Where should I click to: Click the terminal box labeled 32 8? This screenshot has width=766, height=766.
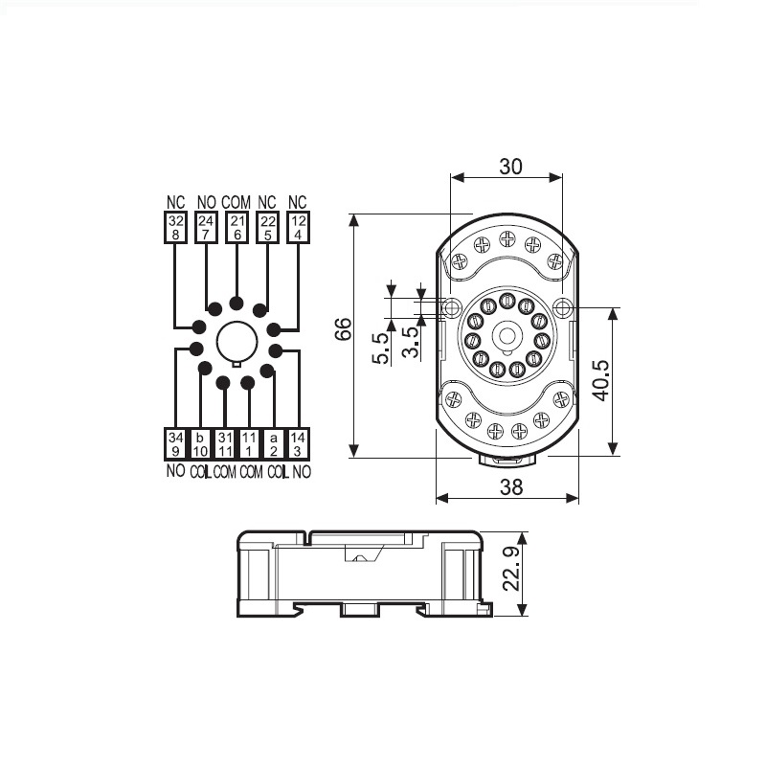[x=174, y=227]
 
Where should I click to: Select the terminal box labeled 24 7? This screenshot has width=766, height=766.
[x=206, y=227]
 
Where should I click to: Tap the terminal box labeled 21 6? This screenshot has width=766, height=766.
[x=237, y=227]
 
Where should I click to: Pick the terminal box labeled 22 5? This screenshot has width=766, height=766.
[x=267, y=227]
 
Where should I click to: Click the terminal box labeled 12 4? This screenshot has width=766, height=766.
[x=298, y=227]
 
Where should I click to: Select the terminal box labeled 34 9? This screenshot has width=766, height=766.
[x=174, y=444]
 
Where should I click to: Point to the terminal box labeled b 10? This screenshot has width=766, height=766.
[x=199, y=444]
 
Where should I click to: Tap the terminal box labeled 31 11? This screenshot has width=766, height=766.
[x=224, y=444]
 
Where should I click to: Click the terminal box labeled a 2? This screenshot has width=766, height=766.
[x=273, y=444]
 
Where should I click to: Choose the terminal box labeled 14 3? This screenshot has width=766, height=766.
[x=298, y=444]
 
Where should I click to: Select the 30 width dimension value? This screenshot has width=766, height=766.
[x=511, y=166]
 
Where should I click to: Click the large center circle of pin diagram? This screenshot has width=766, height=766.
[x=236, y=342]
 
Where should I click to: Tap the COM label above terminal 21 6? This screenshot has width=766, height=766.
[x=236, y=203]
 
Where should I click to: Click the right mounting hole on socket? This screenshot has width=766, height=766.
[x=564, y=307]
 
